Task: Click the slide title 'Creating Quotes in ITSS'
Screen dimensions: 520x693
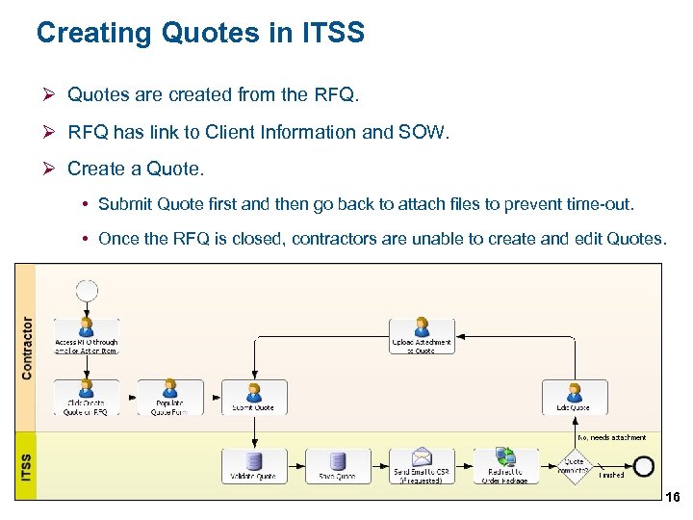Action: [x=200, y=34]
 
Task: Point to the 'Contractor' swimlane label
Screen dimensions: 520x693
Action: [x=27, y=348]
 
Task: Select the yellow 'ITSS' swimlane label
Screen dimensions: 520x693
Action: [x=27, y=464]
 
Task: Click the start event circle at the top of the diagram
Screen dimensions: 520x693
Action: [x=88, y=288]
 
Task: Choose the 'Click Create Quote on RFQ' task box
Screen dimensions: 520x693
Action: [x=87, y=398]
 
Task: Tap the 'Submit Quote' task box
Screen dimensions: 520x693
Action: [x=254, y=398]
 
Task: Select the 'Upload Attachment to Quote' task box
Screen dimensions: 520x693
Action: [x=421, y=336]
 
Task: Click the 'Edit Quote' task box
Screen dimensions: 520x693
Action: [x=575, y=398]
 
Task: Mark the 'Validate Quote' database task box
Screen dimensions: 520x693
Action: [x=254, y=466]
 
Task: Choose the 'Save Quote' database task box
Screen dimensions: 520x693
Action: [x=338, y=466]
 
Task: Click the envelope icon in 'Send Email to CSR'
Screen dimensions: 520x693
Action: [x=421, y=458]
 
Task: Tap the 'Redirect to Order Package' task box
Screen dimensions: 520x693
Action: [x=504, y=466]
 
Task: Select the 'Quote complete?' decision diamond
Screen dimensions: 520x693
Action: [x=575, y=466]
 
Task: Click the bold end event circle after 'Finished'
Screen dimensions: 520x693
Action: [x=644, y=466]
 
